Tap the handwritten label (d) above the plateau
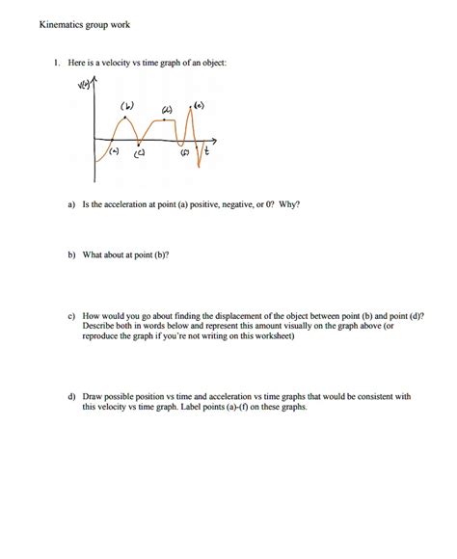point(166,109)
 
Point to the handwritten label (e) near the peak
point(199,103)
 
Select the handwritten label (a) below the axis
point(114,152)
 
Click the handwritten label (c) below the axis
point(141,153)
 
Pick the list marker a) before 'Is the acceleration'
point(71,204)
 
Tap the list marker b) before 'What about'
point(71,254)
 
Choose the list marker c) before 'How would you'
point(71,315)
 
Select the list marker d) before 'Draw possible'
point(71,396)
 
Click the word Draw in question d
point(93,396)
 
